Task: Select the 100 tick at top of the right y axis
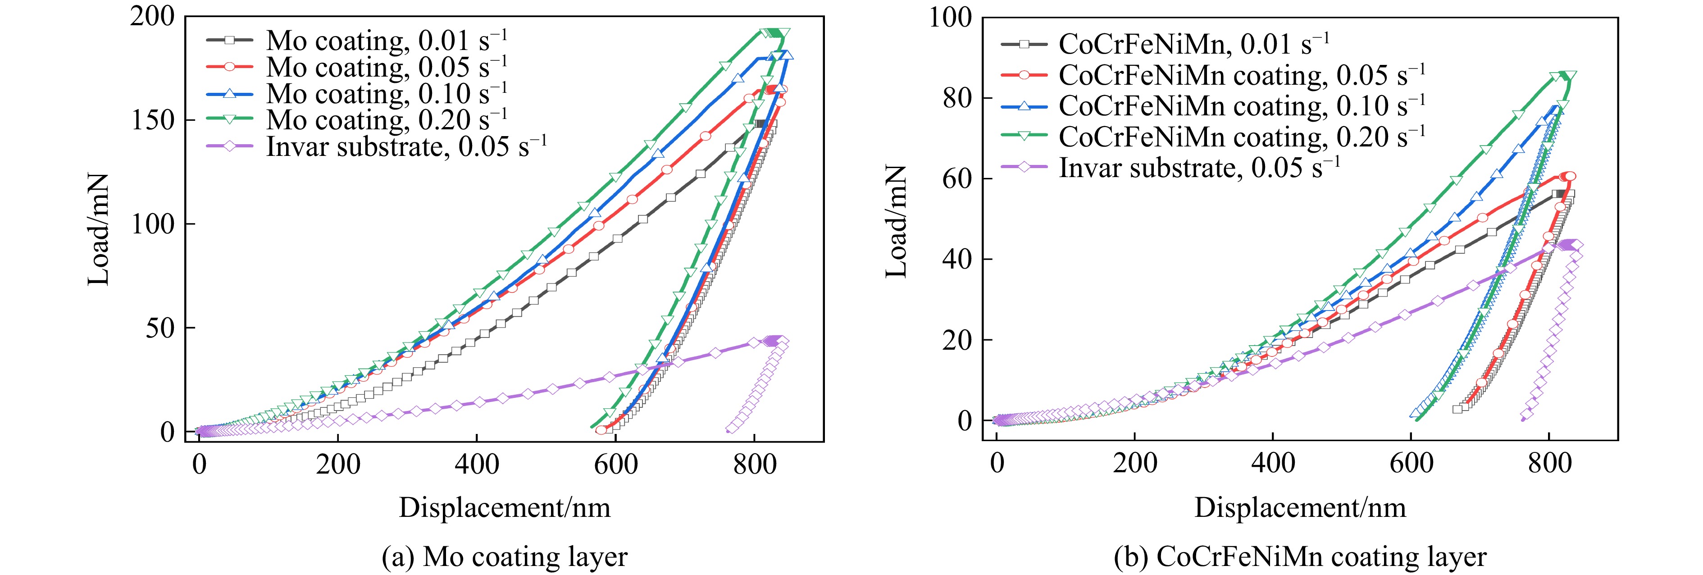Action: (x=951, y=17)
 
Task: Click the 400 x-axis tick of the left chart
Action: (x=477, y=465)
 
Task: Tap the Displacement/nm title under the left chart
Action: (x=505, y=507)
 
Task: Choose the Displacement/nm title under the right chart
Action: (x=1300, y=507)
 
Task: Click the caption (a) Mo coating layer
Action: (x=505, y=557)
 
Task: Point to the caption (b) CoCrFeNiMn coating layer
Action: (x=1300, y=557)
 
